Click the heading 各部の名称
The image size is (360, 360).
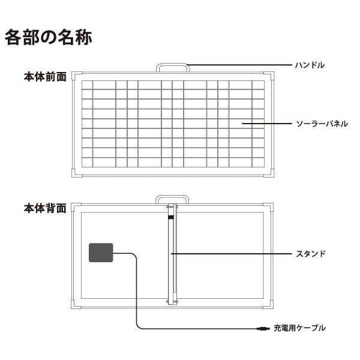pyautogui.click(x=48, y=37)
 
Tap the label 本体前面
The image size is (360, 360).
pyautogui.click(x=45, y=78)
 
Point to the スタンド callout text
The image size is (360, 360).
pyautogui.click(x=311, y=254)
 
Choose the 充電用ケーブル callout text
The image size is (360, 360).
pyautogui.click(x=299, y=328)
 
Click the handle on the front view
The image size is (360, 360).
pyautogui.click(x=173, y=65)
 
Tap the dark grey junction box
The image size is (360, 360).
pyautogui.click(x=101, y=253)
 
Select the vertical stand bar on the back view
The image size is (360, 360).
pyautogui.click(x=171, y=264)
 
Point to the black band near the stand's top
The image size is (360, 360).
pyautogui.click(x=171, y=217)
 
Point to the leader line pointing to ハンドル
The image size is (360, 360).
pyautogui.click(x=240, y=65)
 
